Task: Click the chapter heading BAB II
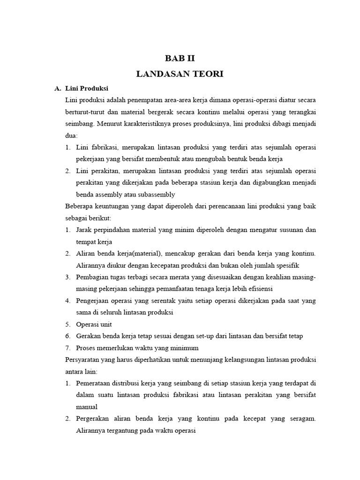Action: [180, 59]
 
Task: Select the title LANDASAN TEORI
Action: [180, 74]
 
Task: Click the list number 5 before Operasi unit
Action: [67, 324]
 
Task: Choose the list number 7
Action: [67, 348]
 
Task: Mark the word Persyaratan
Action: [84, 360]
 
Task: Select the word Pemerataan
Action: [94, 383]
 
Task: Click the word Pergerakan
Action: [94, 419]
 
